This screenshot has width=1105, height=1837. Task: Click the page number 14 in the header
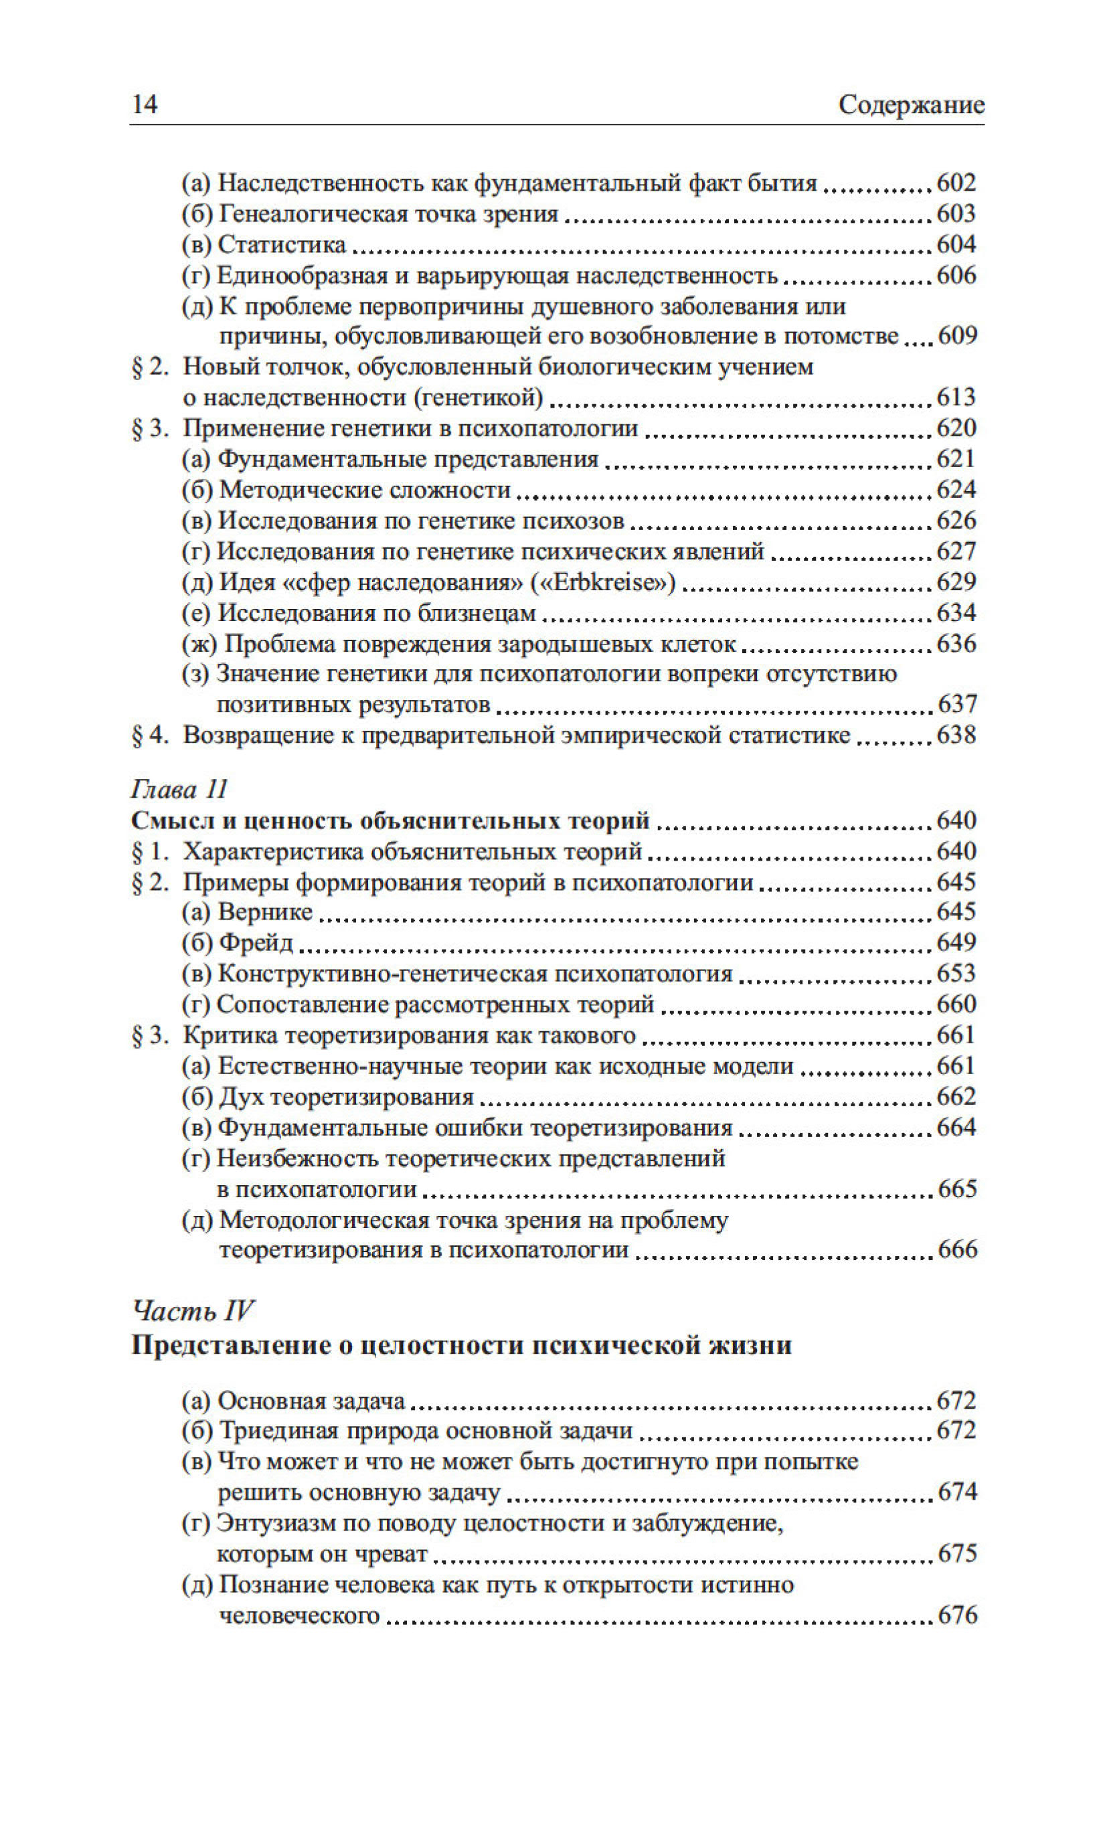pyautogui.click(x=145, y=104)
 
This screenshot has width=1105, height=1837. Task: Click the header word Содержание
pyautogui.click(x=911, y=105)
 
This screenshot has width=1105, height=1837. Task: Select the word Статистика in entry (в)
pyautogui.click(x=282, y=245)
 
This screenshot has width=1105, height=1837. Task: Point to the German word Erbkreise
pyautogui.click(x=602, y=583)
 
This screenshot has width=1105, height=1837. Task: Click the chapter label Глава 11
pyautogui.click(x=179, y=788)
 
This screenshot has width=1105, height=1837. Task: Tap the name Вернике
pyautogui.click(x=265, y=911)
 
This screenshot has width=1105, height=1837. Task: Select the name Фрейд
pyautogui.click(x=256, y=943)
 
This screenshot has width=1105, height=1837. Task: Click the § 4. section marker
pyautogui.click(x=147, y=735)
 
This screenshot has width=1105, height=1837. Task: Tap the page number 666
pyautogui.click(x=957, y=1249)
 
